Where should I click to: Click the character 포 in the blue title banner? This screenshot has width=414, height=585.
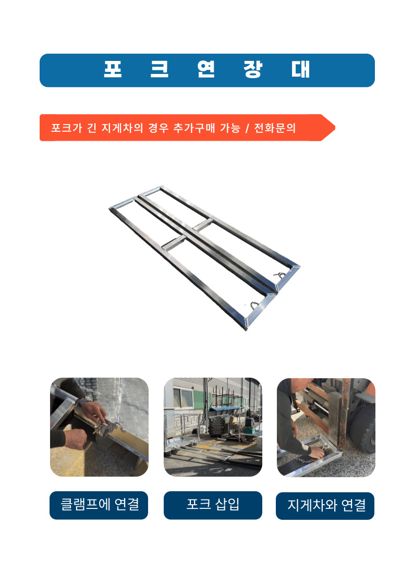point(113,69)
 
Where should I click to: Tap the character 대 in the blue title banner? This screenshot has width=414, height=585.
point(300,69)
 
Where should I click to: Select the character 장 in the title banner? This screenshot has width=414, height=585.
point(253,69)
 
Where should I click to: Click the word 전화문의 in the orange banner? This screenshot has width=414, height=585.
point(275,128)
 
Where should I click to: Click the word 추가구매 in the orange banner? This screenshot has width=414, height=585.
point(194,128)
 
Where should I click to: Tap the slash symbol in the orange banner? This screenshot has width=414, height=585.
point(247,128)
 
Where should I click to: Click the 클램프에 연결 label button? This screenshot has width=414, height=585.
point(99,505)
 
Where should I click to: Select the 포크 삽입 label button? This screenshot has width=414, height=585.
point(213,505)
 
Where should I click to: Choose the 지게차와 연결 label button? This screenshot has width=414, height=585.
point(325,506)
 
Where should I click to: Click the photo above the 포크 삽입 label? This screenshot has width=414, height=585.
point(213,427)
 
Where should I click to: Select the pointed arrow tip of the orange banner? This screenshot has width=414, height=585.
point(335,128)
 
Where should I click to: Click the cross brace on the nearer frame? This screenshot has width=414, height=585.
point(173,243)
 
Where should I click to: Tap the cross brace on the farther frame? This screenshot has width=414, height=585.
point(203,226)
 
